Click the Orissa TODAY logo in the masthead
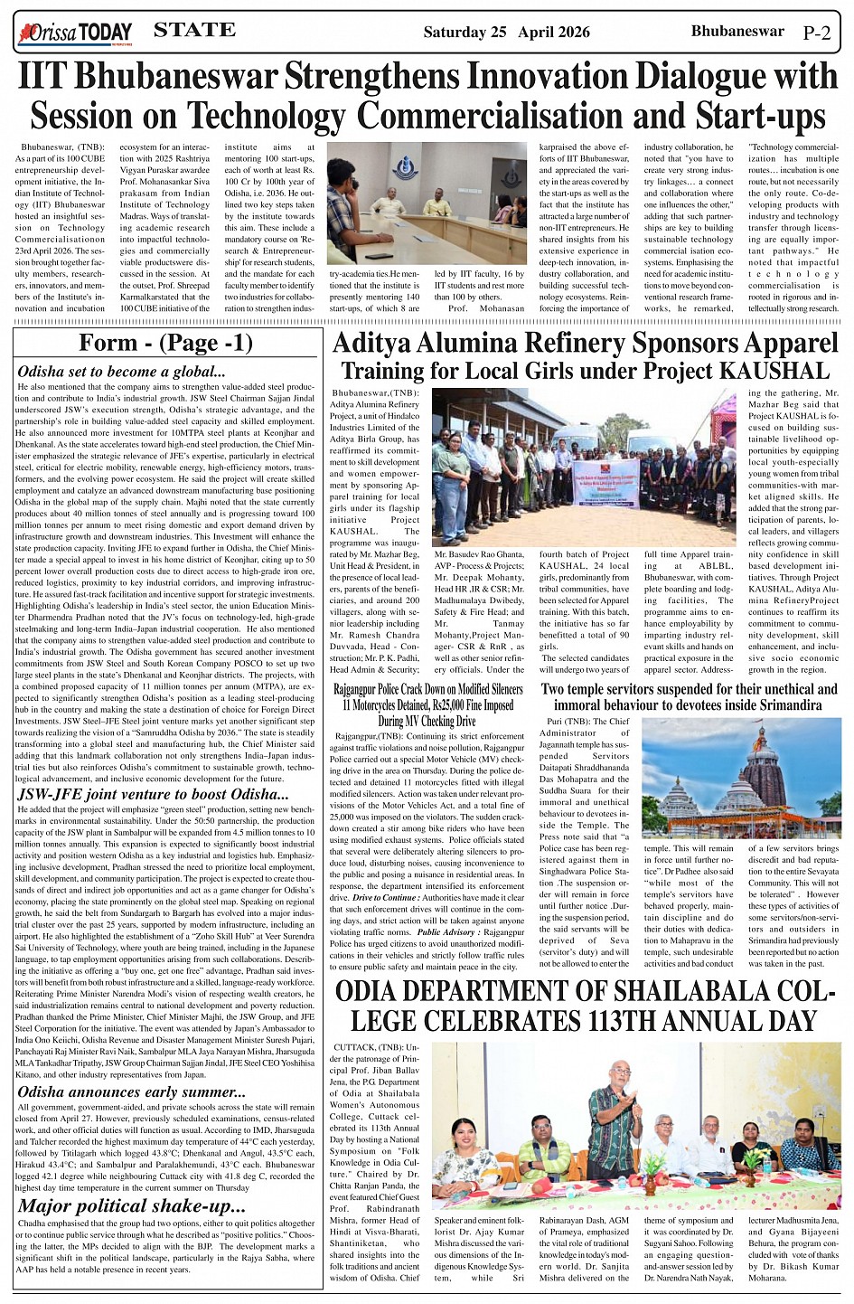point(75,33)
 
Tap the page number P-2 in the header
point(816,33)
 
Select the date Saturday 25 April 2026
point(506,33)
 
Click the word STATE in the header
point(194,31)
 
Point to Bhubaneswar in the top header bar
point(737,32)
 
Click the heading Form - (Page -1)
point(165,343)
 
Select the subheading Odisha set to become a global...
point(121,372)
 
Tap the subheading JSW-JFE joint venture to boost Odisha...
point(153,795)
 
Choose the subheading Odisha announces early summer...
point(131,1092)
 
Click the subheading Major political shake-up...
point(131,1205)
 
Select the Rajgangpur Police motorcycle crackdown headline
point(427,704)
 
